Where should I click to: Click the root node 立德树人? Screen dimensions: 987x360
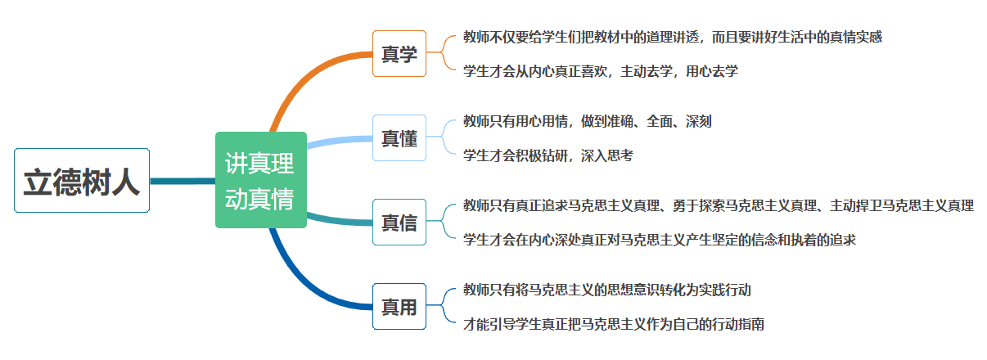[82, 181]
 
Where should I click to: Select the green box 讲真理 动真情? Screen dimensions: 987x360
[261, 180]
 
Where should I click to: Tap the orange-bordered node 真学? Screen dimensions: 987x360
[399, 54]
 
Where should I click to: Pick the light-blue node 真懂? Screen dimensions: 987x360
[399, 138]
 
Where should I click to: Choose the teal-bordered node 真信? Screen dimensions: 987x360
[399, 222]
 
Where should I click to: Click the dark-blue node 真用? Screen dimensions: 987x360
[399, 306]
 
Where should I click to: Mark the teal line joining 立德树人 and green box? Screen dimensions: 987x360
[183, 181]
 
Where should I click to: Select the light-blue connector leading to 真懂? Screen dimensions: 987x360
[340, 140]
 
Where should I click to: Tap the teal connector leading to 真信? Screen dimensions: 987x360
[340, 220]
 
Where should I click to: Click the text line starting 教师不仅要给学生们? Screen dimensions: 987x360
[673, 37]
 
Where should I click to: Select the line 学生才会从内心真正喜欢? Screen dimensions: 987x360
[600, 71]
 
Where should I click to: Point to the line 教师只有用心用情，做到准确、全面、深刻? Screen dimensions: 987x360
[587, 121]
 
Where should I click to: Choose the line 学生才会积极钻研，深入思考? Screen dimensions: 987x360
[548, 155]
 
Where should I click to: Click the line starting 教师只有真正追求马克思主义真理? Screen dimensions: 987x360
[719, 205]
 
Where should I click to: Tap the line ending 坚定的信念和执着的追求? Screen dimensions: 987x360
[659, 239]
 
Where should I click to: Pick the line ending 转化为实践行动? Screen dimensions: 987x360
[606, 290]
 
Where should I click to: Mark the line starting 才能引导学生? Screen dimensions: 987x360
[613, 324]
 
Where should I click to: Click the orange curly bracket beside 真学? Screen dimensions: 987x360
[442, 52]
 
